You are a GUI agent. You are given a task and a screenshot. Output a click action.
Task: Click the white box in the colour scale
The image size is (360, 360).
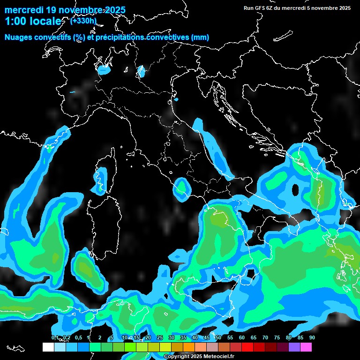(x=48, y=347)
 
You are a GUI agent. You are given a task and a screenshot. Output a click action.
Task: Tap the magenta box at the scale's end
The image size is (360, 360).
(x=306, y=347)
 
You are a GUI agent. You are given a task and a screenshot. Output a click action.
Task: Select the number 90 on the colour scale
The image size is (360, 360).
(x=312, y=337)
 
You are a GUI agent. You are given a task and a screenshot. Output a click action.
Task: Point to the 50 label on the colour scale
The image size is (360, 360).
(x=218, y=337)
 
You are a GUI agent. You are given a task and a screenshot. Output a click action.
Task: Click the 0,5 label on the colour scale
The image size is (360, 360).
(x=78, y=337)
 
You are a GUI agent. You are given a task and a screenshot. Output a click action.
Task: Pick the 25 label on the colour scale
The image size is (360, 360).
(x=159, y=337)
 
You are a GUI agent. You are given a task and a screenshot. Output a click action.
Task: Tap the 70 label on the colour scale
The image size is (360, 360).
(x=265, y=337)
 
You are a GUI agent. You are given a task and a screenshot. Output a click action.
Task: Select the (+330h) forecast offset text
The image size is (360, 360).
(x=83, y=20)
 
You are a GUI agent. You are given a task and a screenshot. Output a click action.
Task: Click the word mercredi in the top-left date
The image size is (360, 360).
(x=23, y=10)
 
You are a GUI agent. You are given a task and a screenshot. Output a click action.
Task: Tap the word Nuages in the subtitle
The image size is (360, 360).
(x=18, y=37)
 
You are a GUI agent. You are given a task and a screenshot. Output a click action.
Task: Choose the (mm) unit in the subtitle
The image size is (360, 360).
(x=200, y=37)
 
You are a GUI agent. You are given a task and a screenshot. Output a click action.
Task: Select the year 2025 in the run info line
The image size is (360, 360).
(x=344, y=8)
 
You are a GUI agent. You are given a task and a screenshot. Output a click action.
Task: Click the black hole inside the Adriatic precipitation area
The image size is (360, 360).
(x=295, y=190)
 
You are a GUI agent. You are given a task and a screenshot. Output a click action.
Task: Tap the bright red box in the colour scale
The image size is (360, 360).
(x=247, y=347)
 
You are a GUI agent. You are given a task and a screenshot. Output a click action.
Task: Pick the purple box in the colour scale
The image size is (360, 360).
(x=294, y=347)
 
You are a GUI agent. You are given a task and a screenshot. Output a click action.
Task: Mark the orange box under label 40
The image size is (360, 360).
(x=189, y=347)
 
